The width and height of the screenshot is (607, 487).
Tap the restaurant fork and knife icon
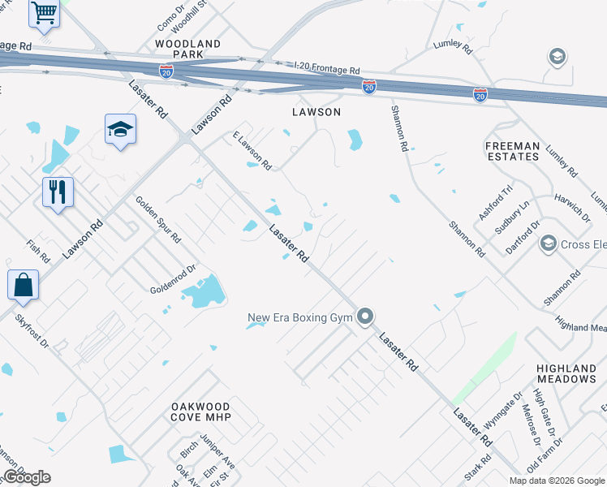[58, 192]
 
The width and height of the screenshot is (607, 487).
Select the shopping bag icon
[23, 285]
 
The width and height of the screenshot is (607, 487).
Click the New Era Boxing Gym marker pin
[366, 317]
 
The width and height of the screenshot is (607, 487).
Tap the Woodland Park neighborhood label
[187, 49]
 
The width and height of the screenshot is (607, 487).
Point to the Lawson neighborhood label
[316, 112]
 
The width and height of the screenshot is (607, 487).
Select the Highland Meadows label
[566, 373]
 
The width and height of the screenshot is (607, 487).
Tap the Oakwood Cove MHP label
[201, 412]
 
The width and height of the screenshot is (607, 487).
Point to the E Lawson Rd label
[252, 150]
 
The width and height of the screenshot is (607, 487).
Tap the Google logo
[27, 477]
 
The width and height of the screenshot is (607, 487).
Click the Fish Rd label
[37, 252]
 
